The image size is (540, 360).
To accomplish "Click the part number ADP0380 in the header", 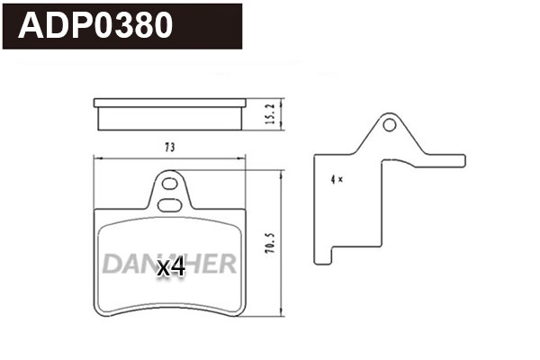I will coord(96,26).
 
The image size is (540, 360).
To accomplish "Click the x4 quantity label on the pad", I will coord(170,267).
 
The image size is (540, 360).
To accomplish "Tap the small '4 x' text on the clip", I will coord(337,180).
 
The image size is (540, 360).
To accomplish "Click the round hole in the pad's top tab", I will coord(169,185).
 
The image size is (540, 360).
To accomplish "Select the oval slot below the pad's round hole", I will coord(169,204).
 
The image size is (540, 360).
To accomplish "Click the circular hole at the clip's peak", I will coord(390,124).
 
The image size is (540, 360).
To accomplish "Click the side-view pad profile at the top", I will coord(170,114).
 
